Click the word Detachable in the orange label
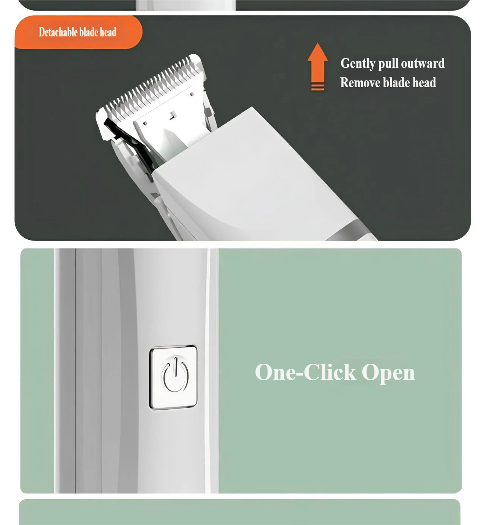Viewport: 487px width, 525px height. click(x=58, y=32)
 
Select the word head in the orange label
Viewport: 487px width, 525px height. click(x=108, y=32)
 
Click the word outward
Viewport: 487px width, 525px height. click(x=423, y=63)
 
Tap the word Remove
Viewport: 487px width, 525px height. click(x=360, y=83)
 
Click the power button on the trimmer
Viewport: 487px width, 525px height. click(x=173, y=377)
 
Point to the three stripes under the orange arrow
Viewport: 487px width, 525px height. click(x=317, y=86)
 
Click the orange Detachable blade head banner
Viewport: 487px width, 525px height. click(x=78, y=32)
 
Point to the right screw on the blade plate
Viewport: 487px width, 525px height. click(x=192, y=94)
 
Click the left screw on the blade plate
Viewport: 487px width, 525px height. click(x=145, y=123)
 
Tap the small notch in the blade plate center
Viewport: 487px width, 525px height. click(x=173, y=116)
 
